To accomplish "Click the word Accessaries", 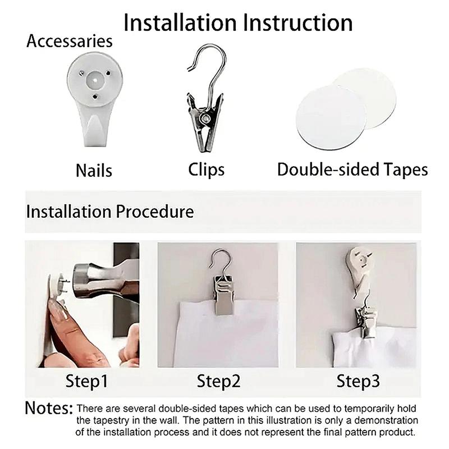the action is click(x=70, y=41).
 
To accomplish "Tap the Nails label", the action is click(x=94, y=171).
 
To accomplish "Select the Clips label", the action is click(x=206, y=170).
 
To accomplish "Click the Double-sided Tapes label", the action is click(x=352, y=169).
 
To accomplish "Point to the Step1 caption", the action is click(x=86, y=382).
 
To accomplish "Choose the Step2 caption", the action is click(x=218, y=382).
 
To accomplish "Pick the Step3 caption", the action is click(x=358, y=382).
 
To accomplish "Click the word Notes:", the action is click(x=49, y=408).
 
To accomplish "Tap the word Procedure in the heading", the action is click(x=155, y=212).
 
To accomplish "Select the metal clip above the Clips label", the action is click(x=205, y=98).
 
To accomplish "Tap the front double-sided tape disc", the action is click(x=331, y=117).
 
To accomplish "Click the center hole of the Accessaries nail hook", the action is click(x=94, y=79).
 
